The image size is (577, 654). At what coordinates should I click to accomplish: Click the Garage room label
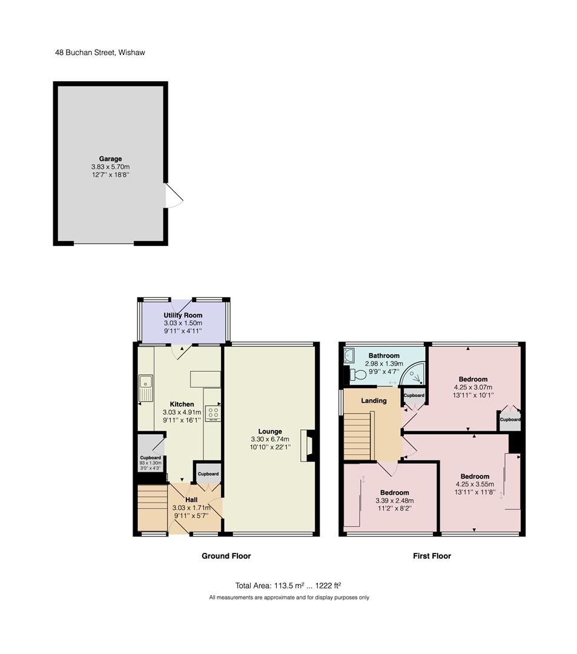(x=110, y=159)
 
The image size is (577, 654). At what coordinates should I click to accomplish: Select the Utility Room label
(x=183, y=315)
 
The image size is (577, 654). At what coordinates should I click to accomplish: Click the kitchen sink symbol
(x=146, y=388)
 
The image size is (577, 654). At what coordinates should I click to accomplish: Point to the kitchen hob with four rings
(x=213, y=414)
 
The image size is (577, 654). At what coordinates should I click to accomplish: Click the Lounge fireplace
(x=309, y=446)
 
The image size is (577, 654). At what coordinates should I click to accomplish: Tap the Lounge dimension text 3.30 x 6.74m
(x=270, y=439)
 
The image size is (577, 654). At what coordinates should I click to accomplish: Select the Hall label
(x=191, y=500)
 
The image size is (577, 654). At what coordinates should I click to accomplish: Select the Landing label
(x=374, y=401)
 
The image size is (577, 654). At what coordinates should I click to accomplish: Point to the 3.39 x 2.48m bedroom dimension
(x=394, y=501)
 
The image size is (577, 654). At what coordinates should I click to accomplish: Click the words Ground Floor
(x=226, y=556)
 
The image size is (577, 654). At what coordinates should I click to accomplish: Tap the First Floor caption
(x=432, y=556)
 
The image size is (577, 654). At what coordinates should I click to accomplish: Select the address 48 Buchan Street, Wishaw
(x=100, y=53)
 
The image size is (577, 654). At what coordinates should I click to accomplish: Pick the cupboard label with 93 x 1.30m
(x=151, y=463)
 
